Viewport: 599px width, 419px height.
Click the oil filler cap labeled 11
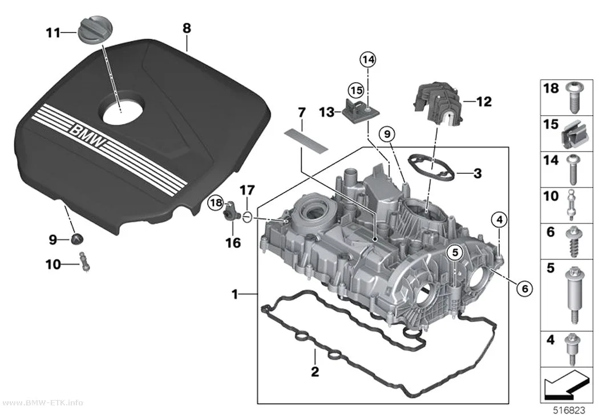[x=90, y=33]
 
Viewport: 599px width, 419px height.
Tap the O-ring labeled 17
[x=247, y=218]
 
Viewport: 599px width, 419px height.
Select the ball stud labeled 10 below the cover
[x=85, y=262]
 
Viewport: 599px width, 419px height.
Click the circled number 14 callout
[x=367, y=59]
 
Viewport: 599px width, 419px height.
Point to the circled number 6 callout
[x=524, y=288]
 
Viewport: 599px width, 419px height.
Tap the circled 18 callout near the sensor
[x=216, y=202]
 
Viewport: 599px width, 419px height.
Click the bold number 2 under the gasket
[x=315, y=371]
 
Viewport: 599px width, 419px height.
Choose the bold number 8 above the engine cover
[x=187, y=28]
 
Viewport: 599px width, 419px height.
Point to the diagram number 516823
[x=569, y=410]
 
